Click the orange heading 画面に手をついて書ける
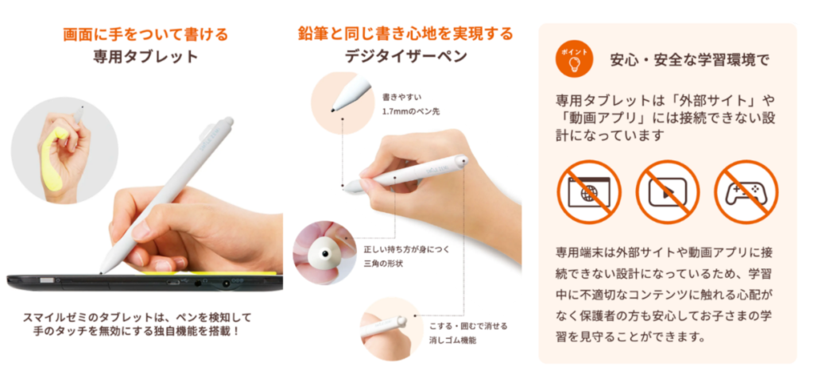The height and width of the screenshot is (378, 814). tap(145, 34)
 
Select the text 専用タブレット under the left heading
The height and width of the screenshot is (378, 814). tap(145, 57)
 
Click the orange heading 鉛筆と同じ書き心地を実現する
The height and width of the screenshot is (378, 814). tap(405, 34)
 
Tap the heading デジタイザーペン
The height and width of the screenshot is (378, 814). tap(405, 57)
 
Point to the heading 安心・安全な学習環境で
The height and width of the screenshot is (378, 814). tap(690, 60)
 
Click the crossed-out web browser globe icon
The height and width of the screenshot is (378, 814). tap(589, 191)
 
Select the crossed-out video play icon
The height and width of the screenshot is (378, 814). tap(667, 191)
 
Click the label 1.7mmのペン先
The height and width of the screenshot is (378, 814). tap(411, 111)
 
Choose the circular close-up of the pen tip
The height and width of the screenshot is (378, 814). tap(342, 103)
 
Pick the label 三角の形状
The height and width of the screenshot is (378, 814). tap(386, 263)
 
